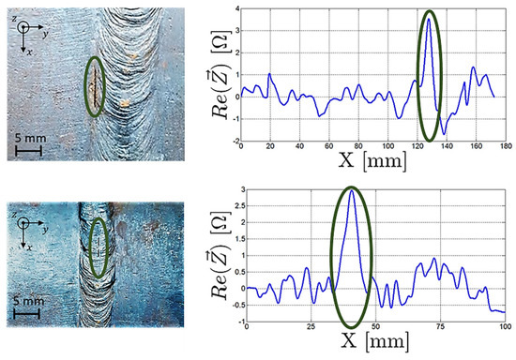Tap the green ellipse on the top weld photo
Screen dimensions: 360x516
click(x=94, y=90)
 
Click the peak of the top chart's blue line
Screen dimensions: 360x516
click(x=430, y=20)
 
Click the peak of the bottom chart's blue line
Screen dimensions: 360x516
click(x=352, y=192)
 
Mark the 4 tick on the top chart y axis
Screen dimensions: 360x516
click(x=236, y=8)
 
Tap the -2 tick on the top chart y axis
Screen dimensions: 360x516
click(x=234, y=140)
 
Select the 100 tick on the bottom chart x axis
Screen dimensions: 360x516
click(x=504, y=327)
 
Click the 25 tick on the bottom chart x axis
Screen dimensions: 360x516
click(x=307, y=327)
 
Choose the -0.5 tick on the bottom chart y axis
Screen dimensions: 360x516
click(x=228, y=306)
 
